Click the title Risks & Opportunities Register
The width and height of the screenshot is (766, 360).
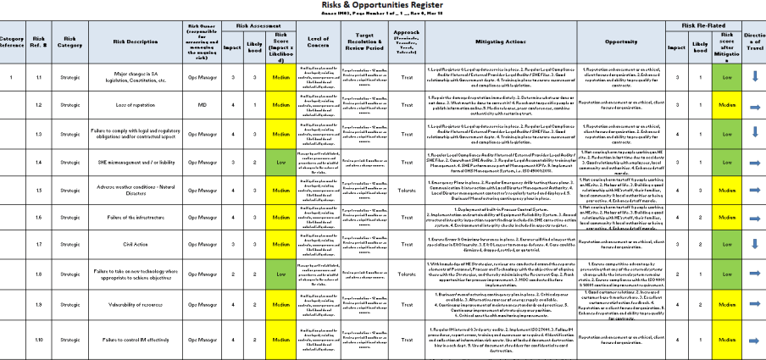(x=383, y=5)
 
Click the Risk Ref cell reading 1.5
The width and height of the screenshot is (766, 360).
(x=39, y=191)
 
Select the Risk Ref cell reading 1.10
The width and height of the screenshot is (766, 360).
(x=39, y=340)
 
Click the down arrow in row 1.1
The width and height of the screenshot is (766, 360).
(x=752, y=77)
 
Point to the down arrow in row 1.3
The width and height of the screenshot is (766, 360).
(x=752, y=133)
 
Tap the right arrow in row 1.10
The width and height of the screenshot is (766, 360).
(x=752, y=340)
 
